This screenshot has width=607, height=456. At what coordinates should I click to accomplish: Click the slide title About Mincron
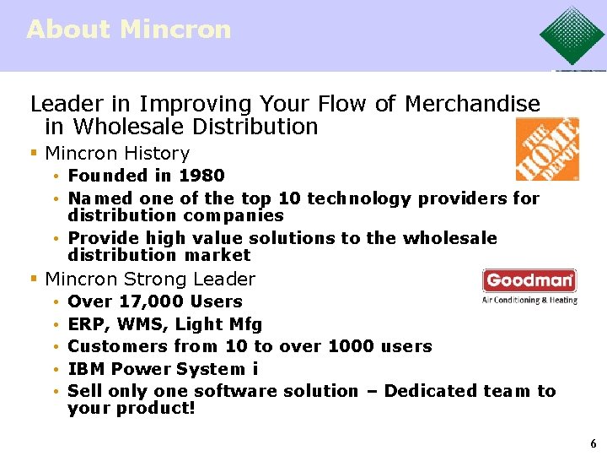point(128,29)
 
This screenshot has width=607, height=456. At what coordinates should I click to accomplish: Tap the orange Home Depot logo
point(547,149)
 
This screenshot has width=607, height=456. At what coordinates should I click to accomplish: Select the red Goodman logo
point(529,280)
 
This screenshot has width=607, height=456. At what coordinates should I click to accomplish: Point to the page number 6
point(593,443)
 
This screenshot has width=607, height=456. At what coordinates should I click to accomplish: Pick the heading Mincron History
point(117,153)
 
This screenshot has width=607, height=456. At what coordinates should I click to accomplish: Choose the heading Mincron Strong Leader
point(149,279)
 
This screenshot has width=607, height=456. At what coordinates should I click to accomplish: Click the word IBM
point(86,369)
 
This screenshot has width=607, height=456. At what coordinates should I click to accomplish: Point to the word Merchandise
point(472,104)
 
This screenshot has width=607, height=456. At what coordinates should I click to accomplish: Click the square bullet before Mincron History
point(34,154)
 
